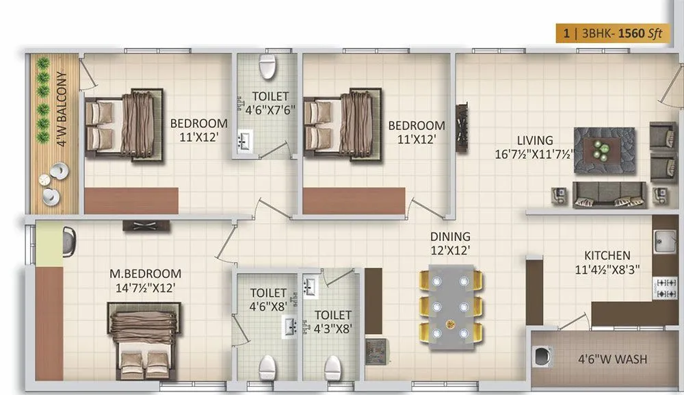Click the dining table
tap(450, 304)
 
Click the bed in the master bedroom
tap(146, 335)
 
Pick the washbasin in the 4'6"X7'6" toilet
tap(244, 142)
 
